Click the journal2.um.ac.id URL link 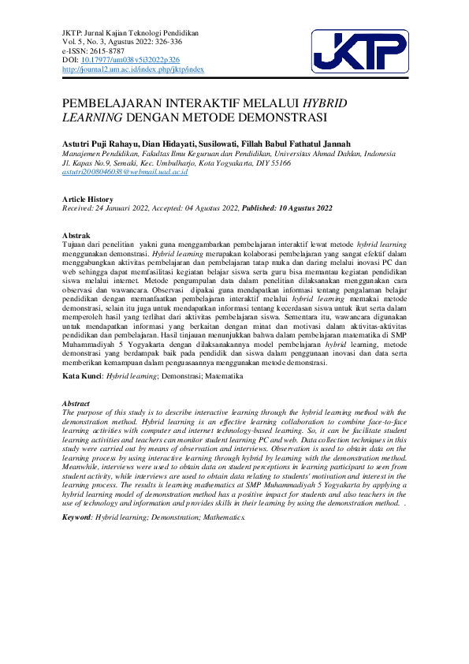coord(132,69)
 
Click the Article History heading coord(87,200)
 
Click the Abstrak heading coord(76,236)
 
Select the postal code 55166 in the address coord(280,162)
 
